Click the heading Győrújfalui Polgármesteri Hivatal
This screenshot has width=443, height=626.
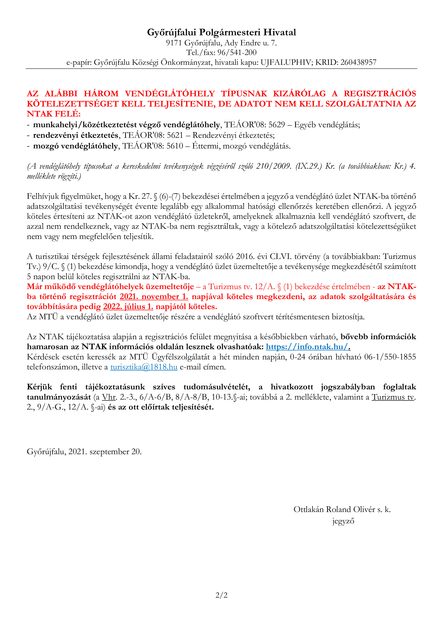[x=221, y=32]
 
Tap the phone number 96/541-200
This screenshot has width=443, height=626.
[x=237, y=52]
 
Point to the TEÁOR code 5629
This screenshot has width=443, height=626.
[x=277, y=125]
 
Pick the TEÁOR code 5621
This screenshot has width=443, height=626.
[x=175, y=135]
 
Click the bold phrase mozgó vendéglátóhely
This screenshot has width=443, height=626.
[x=75, y=146]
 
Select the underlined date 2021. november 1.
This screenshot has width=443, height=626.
[x=154, y=297]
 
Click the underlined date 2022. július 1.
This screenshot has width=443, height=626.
[x=128, y=307]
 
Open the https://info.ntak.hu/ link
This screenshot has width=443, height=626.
[x=308, y=347]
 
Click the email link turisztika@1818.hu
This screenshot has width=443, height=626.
[x=144, y=367]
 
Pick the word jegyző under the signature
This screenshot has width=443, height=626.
[x=343, y=521]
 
